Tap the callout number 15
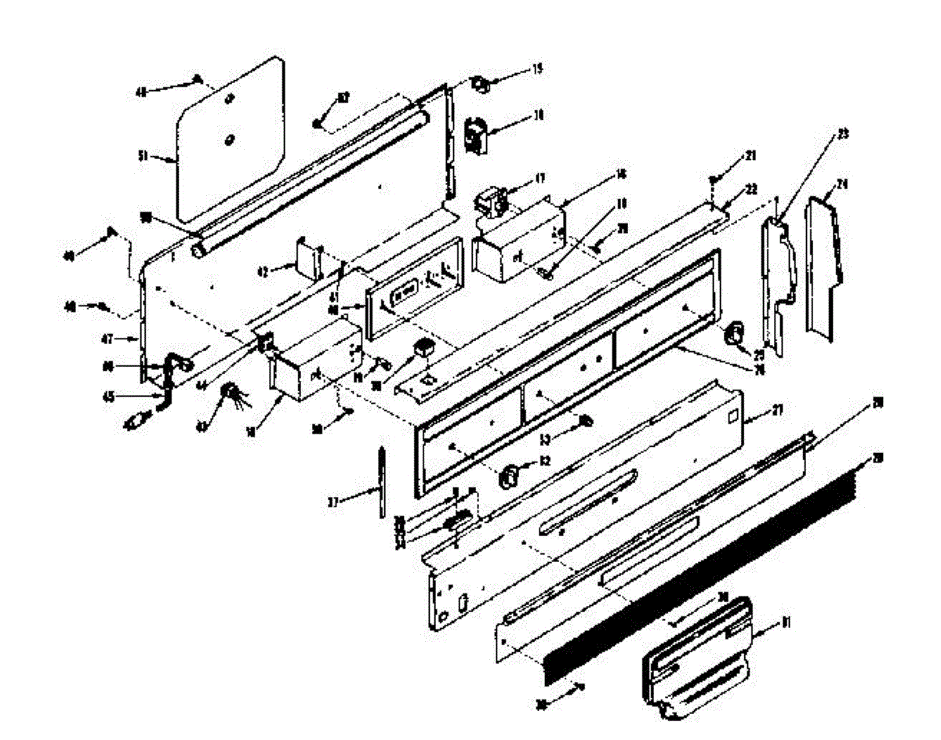click(x=536, y=69)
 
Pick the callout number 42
click(x=263, y=272)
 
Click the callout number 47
click(x=107, y=339)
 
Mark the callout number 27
click(x=776, y=409)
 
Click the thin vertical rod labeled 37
click(x=381, y=482)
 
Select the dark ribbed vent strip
click(x=698, y=564)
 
